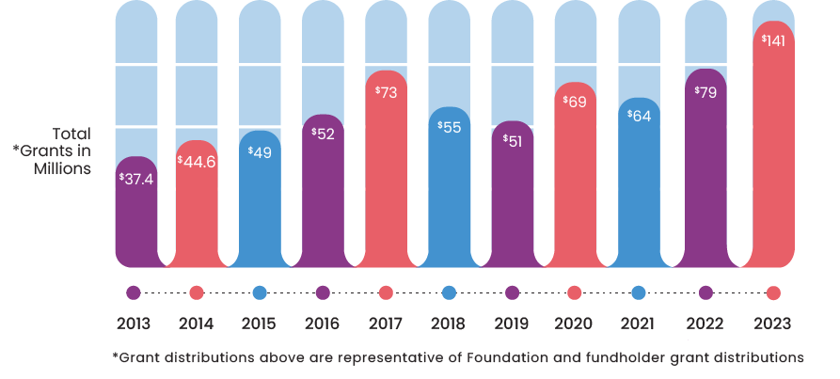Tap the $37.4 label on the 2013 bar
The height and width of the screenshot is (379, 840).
135,178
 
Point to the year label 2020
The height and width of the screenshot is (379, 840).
574,324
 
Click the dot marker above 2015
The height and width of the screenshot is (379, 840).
260,292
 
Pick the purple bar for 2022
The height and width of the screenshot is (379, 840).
705,179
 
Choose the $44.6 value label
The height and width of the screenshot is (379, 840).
198,161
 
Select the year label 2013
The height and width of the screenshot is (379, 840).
134,324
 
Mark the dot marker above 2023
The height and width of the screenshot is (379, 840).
773,292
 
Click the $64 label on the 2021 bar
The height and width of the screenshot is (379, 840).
638,118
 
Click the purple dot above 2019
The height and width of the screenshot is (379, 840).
512,292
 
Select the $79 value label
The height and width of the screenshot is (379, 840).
705,92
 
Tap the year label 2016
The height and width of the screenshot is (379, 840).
323,324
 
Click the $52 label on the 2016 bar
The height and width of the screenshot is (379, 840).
323,134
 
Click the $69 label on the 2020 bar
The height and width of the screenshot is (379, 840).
574,101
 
